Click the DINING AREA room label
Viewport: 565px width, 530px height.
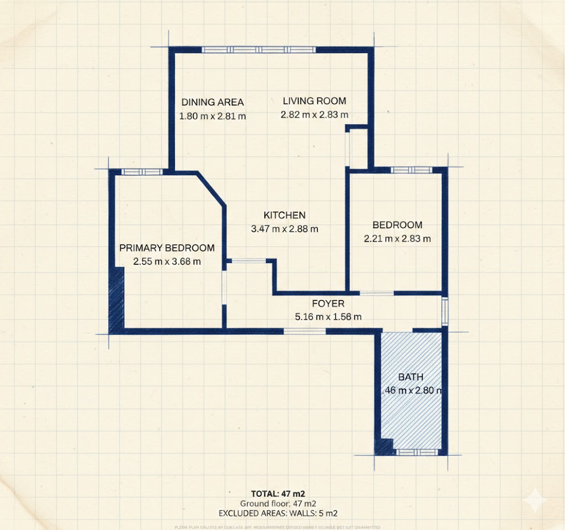(212, 102)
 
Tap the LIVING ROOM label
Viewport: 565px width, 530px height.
(315, 101)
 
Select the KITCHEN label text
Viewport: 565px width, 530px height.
(284, 215)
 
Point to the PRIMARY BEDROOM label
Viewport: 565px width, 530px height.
(167, 248)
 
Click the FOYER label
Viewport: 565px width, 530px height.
(328, 304)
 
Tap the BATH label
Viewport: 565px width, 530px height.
(411, 377)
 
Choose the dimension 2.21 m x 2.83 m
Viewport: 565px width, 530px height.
(397, 239)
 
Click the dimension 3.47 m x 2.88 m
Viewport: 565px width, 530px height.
(284, 229)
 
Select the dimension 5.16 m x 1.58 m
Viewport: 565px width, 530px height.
(328, 317)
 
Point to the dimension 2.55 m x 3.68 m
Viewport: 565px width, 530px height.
(167, 262)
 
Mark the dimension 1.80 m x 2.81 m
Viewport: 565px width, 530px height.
(212, 116)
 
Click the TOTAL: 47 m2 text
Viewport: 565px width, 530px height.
(278, 493)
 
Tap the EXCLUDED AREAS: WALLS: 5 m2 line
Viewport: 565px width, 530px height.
(278, 513)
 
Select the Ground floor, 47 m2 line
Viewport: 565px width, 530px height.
(278, 503)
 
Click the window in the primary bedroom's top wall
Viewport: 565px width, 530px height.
(142, 171)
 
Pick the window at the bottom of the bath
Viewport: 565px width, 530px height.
(417, 452)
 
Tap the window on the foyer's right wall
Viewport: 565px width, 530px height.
(445, 312)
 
